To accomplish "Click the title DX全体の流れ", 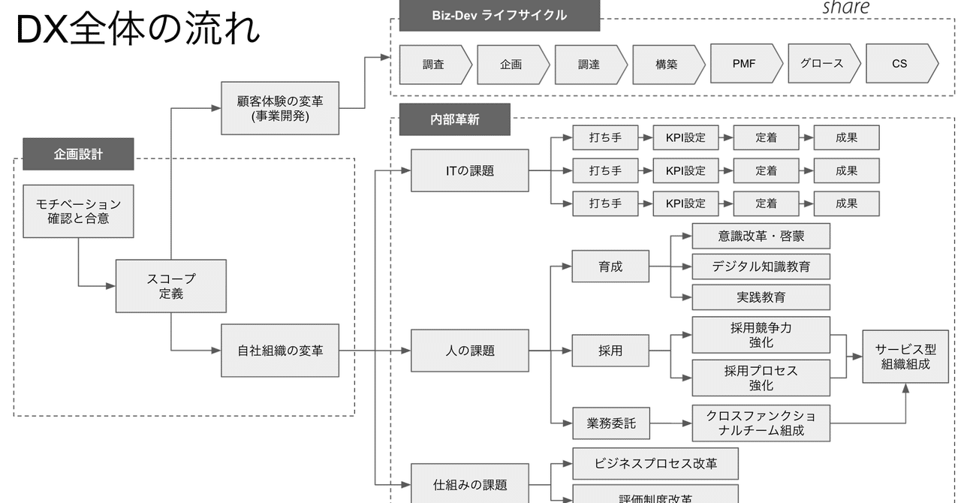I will click(x=137, y=30).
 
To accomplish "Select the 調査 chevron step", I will click(x=433, y=65).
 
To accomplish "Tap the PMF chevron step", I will click(x=744, y=64).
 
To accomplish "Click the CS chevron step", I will click(x=899, y=64).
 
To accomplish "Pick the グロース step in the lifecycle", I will click(x=821, y=64).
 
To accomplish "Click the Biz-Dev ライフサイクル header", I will click(x=499, y=16).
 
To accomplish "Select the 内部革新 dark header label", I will click(x=454, y=120).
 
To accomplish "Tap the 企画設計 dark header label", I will click(x=78, y=155).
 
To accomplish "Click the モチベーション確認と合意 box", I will click(x=78, y=211).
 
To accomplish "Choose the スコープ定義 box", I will click(x=170, y=286).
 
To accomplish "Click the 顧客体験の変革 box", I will click(x=280, y=108).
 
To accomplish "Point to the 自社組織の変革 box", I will click(x=280, y=351).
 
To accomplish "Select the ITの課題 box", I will click(x=470, y=170).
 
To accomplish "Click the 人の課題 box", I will click(x=470, y=351).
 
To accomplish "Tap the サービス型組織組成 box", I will click(x=905, y=357).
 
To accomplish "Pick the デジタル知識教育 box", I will click(x=761, y=267).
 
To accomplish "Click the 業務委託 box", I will click(x=610, y=423).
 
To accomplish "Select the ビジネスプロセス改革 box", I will click(x=655, y=464).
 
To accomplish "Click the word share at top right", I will click(x=845, y=8).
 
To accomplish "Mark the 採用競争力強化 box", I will click(x=761, y=335).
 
